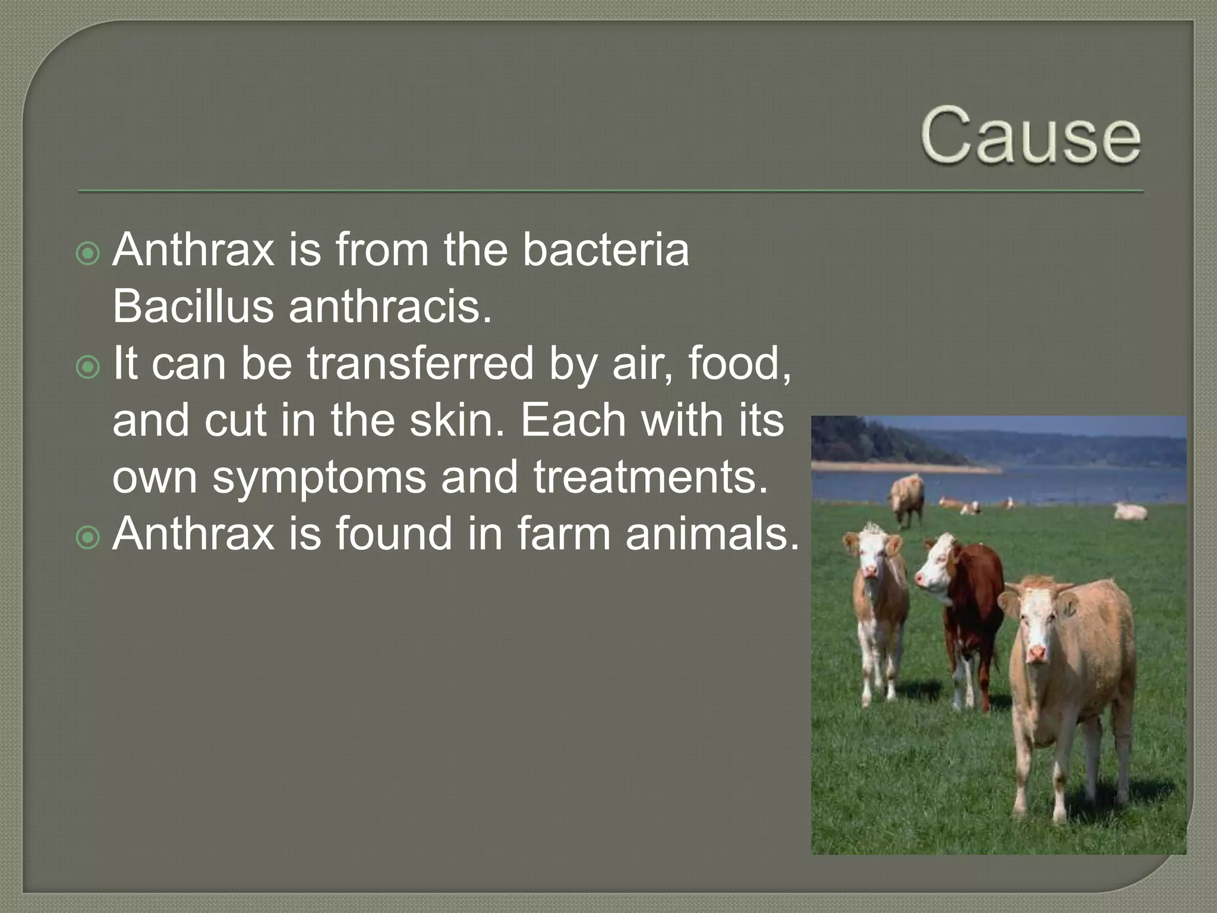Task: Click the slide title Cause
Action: [1031, 136]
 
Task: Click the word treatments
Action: [651, 477]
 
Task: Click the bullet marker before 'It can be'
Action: [89, 368]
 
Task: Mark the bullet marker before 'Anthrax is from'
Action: [89, 254]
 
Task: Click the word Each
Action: [574, 420]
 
